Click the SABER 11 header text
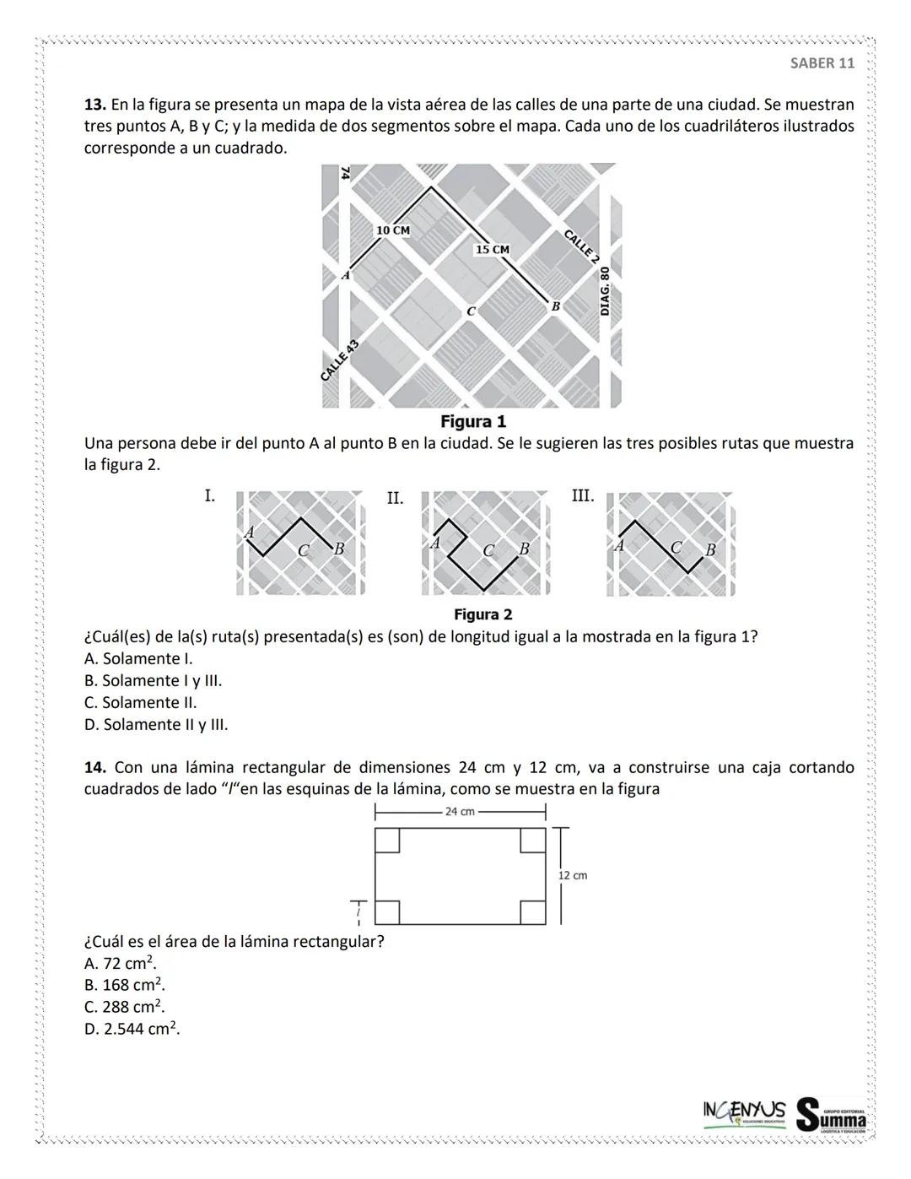pos(822,63)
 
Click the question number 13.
pos(94,105)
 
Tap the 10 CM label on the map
pos(392,230)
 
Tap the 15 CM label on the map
pos(493,250)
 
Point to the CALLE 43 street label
pos(340,360)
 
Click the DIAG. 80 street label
pos(604,292)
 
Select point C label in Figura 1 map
pos(471,311)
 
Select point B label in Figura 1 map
pos(555,306)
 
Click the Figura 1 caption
pos(473,421)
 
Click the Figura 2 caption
pos(482,614)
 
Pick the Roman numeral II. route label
pos(395,498)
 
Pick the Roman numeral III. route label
pos(583,495)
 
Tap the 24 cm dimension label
pos(460,812)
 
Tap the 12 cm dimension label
pos(573,875)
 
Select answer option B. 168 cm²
pos(124,984)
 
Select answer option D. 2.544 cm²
pos(132,1028)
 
